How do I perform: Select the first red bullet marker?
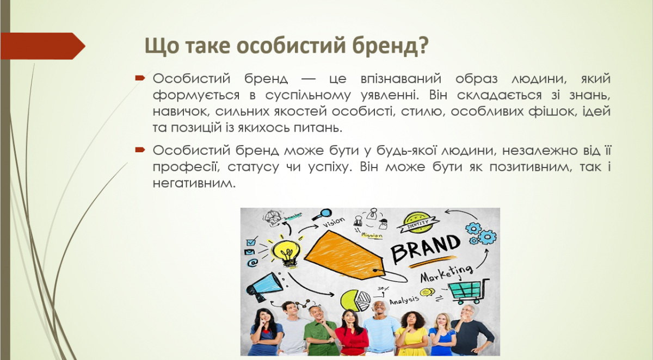click(x=139, y=78)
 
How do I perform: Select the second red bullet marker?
click(x=139, y=149)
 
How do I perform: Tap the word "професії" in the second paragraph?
click(x=183, y=166)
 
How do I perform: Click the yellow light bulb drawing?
click(x=286, y=252)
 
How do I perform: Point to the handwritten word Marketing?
click(x=446, y=274)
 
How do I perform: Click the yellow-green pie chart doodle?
click(x=354, y=300)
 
